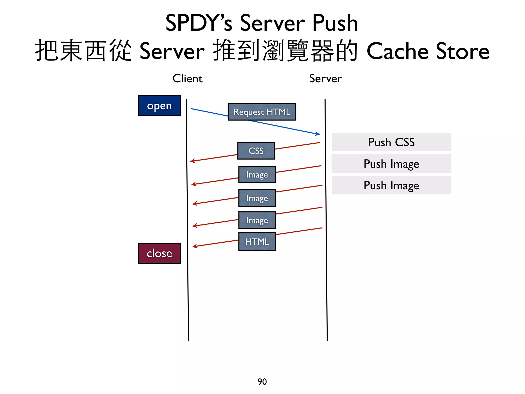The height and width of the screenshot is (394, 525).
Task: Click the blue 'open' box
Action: click(x=159, y=105)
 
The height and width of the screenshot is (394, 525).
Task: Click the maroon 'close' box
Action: click(x=159, y=253)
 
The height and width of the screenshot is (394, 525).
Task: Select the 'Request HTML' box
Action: click(x=262, y=112)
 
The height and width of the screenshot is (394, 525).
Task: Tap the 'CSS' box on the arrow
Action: click(x=256, y=151)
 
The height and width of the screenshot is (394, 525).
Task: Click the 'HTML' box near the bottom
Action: click(x=257, y=241)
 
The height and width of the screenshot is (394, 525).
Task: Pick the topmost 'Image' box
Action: click(x=257, y=174)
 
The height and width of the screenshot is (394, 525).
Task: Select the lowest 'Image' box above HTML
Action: click(x=257, y=220)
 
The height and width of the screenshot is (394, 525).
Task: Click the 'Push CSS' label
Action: click(x=391, y=142)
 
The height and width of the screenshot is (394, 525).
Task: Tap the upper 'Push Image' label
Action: click(x=391, y=164)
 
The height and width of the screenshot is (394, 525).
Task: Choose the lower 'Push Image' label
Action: click(x=391, y=185)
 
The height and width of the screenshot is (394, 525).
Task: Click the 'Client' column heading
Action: click(x=187, y=78)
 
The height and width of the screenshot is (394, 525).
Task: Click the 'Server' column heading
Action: click(x=325, y=78)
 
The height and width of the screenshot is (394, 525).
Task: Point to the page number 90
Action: click(x=262, y=382)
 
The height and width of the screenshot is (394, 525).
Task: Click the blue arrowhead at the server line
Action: click(x=318, y=134)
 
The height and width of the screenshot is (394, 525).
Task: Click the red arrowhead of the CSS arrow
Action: click(x=192, y=161)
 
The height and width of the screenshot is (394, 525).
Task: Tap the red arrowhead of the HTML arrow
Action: click(x=194, y=247)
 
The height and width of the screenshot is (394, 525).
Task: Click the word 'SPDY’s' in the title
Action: click(x=199, y=23)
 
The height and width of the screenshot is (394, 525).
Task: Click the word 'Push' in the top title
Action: click(x=335, y=23)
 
